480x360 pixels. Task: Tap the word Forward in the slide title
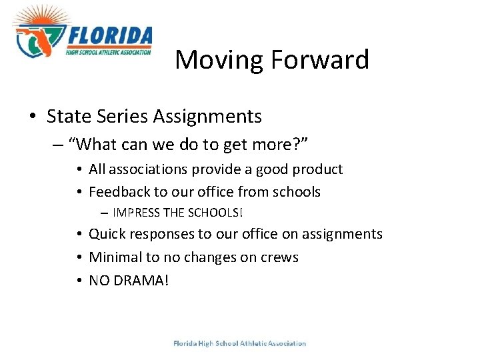pyautogui.click(x=320, y=60)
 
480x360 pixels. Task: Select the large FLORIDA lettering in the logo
pyautogui.click(x=110, y=35)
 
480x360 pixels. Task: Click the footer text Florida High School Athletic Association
pyautogui.click(x=239, y=344)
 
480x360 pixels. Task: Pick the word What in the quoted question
pyautogui.click(x=97, y=144)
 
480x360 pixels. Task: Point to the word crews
pyautogui.click(x=279, y=257)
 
